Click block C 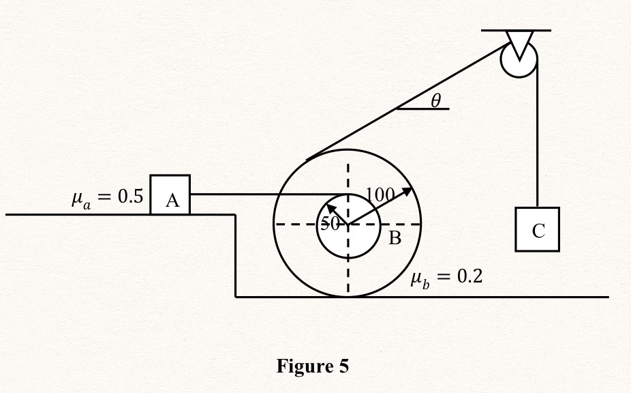coord(537,230)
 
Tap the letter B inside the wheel coord(395,238)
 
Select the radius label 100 coord(380,195)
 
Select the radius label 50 coord(330,224)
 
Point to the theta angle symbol coord(436,100)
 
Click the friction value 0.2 coord(469,277)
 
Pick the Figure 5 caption coord(312,366)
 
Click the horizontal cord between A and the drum coord(266,194)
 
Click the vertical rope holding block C coord(537,136)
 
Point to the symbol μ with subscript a coord(80,200)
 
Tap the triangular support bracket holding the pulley coord(519,42)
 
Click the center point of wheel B coord(348,224)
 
